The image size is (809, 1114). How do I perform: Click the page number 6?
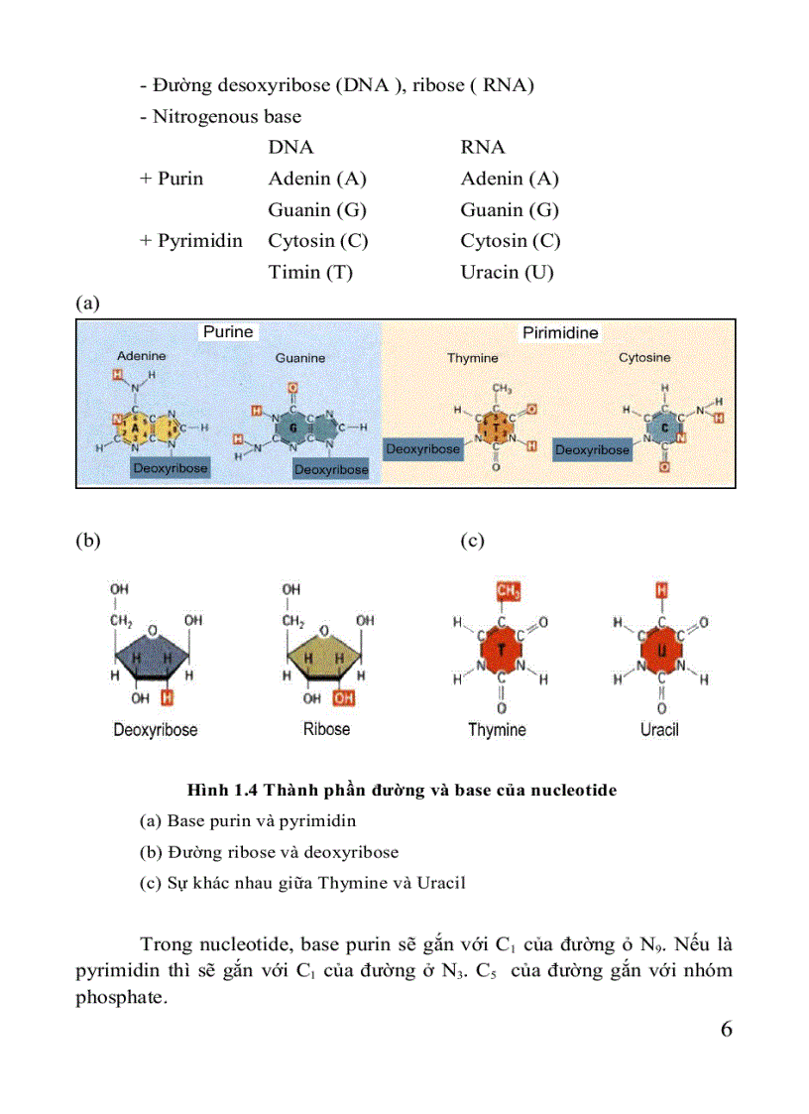tap(726, 1029)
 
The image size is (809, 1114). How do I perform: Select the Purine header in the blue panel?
tap(228, 332)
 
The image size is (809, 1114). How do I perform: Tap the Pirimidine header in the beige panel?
tap(560, 333)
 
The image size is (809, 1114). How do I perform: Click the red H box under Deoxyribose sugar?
tap(168, 698)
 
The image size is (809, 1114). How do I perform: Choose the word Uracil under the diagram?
tap(659, 730)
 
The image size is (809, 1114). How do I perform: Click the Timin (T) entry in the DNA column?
tap(310, 272)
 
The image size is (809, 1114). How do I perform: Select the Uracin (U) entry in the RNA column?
tap(507, 272)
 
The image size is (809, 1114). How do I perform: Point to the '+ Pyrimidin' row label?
tap(190, 241)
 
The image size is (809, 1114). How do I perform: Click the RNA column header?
tap(483, 148)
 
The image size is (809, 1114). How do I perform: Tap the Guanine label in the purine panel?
tap(299, 358)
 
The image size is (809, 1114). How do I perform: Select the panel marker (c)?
tap(472, 541)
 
